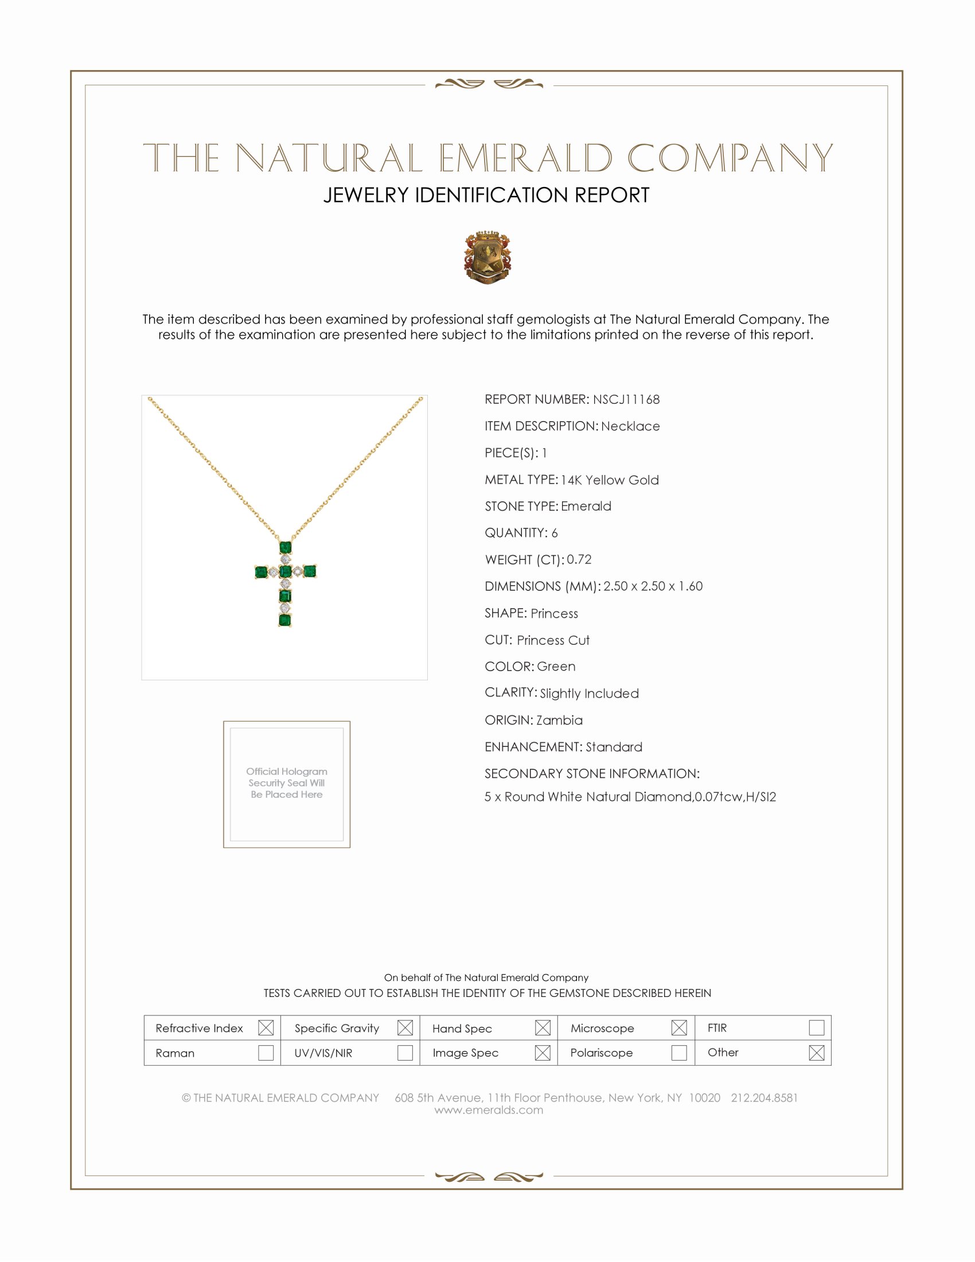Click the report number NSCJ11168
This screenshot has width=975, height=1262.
click(626, 399)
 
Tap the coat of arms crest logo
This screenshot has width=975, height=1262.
click(487, 257)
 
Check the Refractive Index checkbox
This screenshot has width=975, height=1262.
click(266, 1027)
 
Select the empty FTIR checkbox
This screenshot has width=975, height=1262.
click(816, 1027)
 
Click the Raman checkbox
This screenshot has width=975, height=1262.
click(266, 1052)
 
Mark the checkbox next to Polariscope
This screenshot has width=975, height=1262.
click(679, 1052)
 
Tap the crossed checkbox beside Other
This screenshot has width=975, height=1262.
click(816, 1052)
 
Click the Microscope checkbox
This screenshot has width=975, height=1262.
click(679, 1027)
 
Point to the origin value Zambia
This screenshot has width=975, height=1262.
click(559, 720)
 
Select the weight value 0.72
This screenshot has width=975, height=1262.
click(579, 559)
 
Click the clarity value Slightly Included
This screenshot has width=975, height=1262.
click(589, 694)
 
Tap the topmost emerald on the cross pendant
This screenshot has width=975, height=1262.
click(285, 547)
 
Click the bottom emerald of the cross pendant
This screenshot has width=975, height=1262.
click(285, 620)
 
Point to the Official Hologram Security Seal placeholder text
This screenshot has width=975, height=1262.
click(287, 783)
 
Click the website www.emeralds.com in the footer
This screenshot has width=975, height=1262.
click(489, 1110)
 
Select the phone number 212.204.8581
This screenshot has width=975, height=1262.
click(764, 1098)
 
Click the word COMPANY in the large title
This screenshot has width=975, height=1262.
click(730, 158)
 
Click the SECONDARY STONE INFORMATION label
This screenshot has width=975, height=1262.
click(592, 774)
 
